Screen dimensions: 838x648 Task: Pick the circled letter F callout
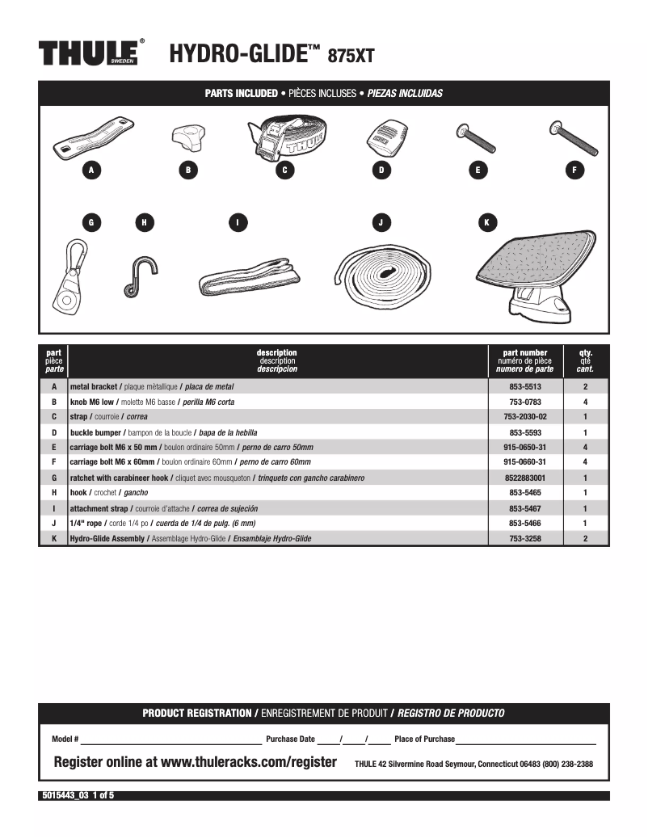coord(574,170)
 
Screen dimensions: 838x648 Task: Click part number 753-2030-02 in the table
coord(524,417)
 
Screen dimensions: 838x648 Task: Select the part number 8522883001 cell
coord(524,478)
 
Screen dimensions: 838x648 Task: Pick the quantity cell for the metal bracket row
coord(585,387)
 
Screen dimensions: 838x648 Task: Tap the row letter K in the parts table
coord(53,538)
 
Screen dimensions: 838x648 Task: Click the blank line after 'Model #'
coord(170,740)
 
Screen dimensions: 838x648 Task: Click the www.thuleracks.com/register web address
coord(249,762)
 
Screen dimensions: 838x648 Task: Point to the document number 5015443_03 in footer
coord(65,795)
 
